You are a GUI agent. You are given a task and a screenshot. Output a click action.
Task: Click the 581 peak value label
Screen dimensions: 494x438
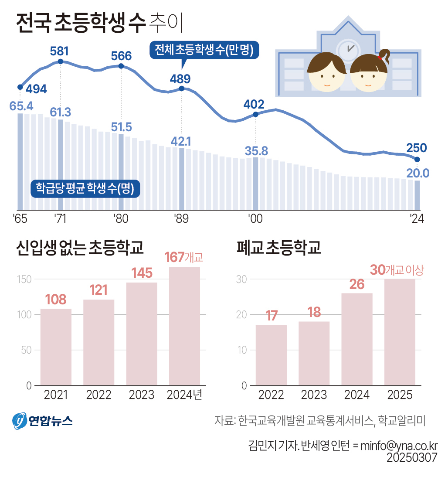(x=60, y=51)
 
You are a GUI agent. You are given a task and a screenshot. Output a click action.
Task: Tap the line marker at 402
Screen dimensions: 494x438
(x=256, y=114)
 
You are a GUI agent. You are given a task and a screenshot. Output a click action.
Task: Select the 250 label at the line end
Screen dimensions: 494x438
(x=417, y=148)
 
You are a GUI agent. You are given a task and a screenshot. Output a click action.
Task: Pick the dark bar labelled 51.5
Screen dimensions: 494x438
(x=121, y=172)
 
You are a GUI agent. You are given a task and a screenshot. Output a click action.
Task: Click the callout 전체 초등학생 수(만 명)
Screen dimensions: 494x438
(x=204, y=50)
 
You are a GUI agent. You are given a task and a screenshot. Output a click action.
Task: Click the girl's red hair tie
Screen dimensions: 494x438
(x=380, y=57)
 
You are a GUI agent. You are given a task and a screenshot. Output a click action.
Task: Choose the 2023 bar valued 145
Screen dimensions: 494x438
(x=142, y=334)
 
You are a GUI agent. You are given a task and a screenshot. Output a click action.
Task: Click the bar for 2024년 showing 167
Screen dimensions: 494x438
(x=184, y=326)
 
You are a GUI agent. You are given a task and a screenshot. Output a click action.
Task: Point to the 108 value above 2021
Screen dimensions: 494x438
(x=56, y=300)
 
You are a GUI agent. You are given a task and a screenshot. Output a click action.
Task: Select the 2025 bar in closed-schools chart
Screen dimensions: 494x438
(x=400, y=332)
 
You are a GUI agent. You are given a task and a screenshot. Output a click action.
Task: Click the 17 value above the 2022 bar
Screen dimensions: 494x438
(x=271, y=316)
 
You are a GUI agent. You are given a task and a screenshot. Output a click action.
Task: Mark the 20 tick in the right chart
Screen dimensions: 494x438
(x=241, y=315)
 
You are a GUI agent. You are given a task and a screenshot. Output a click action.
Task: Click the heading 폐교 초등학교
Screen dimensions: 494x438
(x=278, y=248)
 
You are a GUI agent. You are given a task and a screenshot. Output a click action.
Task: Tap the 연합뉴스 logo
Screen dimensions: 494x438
(x=42, y=420)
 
